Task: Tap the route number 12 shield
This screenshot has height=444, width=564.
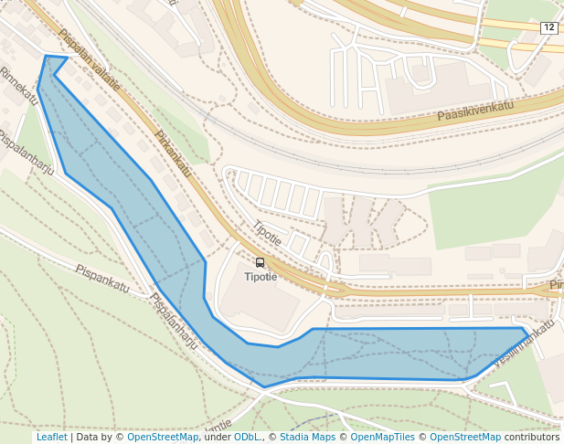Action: [548, 28]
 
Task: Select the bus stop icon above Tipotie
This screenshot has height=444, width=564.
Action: [261, 262]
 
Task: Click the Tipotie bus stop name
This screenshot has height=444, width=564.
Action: [261, 277]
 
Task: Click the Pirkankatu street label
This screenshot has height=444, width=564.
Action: [173, 153]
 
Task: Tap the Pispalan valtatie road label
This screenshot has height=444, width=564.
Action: [89, 60]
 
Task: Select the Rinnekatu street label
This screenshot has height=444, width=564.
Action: [19, 84]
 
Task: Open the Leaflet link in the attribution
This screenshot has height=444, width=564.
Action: [51, 437]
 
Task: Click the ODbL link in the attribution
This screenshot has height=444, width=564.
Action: [246, 437]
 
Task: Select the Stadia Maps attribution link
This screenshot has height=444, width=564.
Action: [307, 437]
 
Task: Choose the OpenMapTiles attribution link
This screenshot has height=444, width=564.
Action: [382, 437]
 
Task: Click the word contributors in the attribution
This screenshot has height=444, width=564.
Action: [531, 437]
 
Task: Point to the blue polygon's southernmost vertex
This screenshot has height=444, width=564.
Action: [264, 387]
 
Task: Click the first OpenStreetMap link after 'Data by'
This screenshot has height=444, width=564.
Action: [162, 437]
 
